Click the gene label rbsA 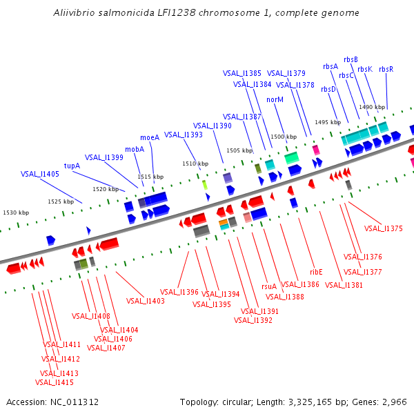pos(331,66)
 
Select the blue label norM pos(275,99)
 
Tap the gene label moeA pos(150,137)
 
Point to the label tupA pos(72,166)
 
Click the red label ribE pos(316,272)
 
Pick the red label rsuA pos(269,286)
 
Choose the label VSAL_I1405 pos(40,175)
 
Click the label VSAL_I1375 pos(383,228)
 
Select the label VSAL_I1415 pos(55,382)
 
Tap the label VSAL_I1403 pos(146,301)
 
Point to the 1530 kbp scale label pos(16,213)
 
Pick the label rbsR pos(386,69)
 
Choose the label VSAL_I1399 pos(104,157)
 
